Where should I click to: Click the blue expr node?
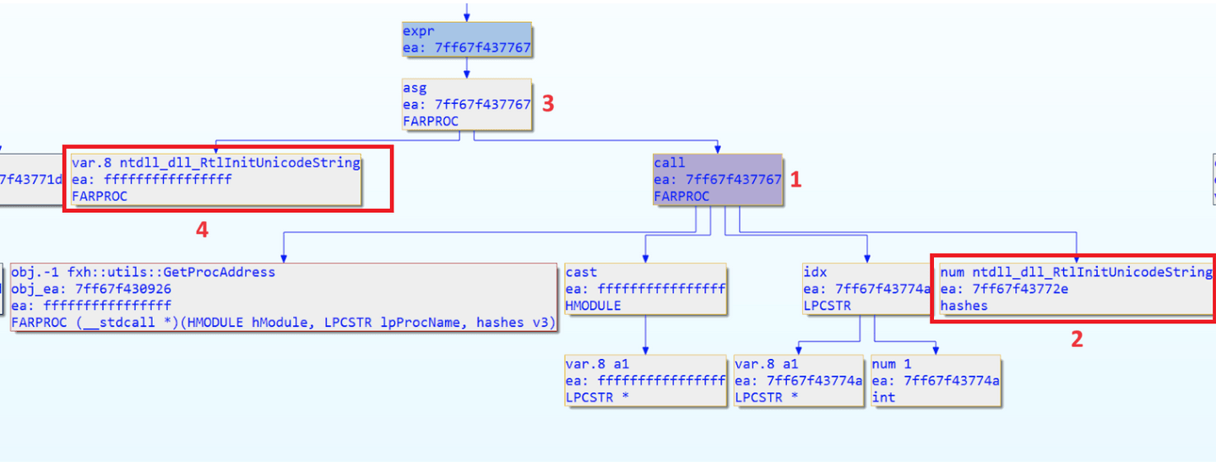tap(466, 40)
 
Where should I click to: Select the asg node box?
tap(466, 105)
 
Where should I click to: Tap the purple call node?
tap(718, 180)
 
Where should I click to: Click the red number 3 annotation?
tap(548, 104)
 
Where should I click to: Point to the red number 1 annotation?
tap(795, 179)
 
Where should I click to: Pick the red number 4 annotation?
tap(202, 229)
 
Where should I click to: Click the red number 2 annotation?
tap(1076, 339)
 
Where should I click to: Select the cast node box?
tap(645, 289)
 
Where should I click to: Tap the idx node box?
tap(866, 289)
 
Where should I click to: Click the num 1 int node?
tap(936, 381)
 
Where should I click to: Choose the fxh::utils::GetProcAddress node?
tap(283, 297)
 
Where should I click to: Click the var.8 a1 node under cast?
tap(645, 381)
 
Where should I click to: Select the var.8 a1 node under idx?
tap(798, 381)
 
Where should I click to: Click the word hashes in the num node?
tap(964, 306)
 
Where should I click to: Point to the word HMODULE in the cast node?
tap(594, 306)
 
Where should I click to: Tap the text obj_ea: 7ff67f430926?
tap(91, 289)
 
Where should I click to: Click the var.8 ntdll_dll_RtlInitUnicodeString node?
tap(215, 179)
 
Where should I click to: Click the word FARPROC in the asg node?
tap(431, 121)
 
